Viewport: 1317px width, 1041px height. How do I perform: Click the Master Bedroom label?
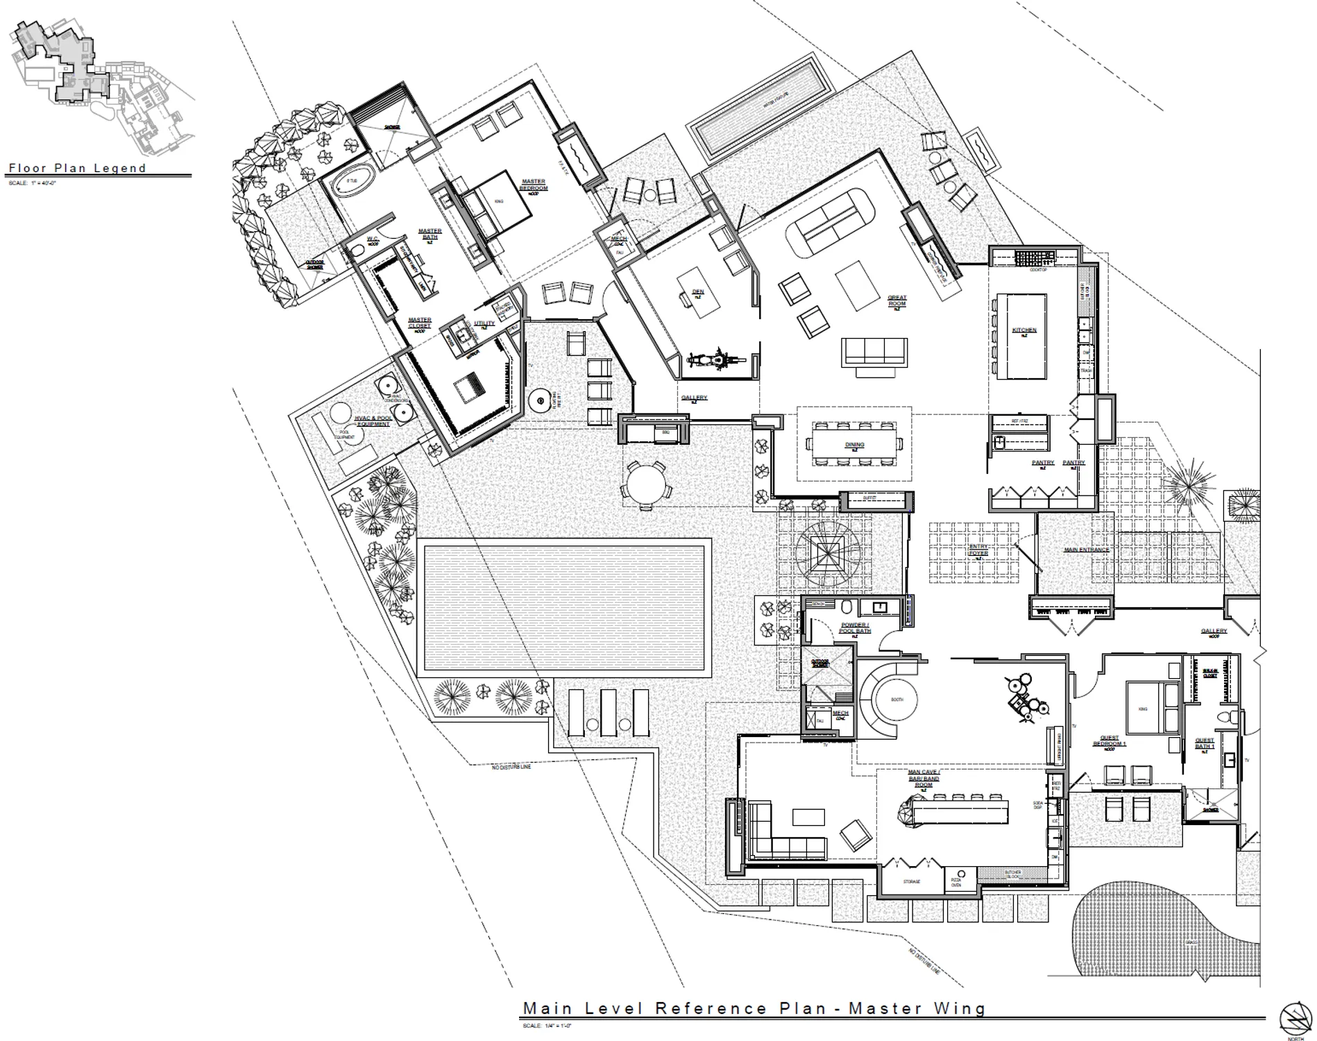(534, 185)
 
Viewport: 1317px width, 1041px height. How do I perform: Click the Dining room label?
(854, 445)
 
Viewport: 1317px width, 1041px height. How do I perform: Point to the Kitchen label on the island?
(1024, 330)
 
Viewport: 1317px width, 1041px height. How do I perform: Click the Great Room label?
(897, 301)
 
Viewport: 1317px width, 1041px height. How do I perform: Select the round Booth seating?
(897, 700)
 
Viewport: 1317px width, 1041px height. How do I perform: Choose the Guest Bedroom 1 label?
(1109, 740)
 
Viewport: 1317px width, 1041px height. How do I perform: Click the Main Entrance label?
(1086, 550)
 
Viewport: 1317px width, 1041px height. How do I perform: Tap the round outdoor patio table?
(645, 484)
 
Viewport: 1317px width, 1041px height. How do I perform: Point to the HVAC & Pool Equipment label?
(372, 421)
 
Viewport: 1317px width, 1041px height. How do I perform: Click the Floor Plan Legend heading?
(77, 168)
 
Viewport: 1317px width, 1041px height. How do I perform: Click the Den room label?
(698, 292)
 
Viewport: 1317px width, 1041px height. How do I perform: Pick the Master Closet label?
(419, 323)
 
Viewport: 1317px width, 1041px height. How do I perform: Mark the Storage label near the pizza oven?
(911, 881)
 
